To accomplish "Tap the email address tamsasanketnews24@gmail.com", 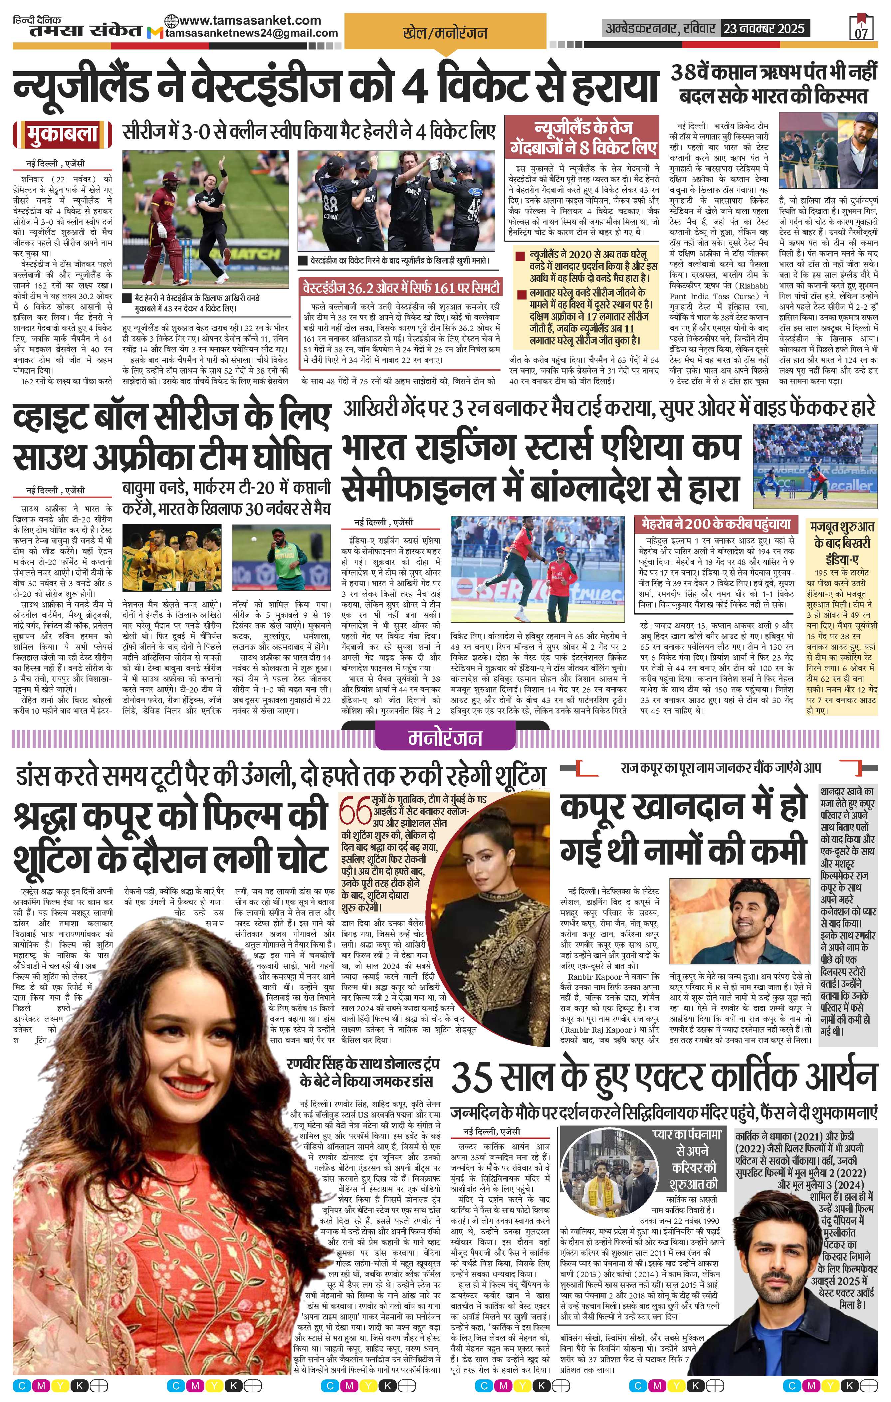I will coord(252,33).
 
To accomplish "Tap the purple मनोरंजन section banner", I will coord(445,738).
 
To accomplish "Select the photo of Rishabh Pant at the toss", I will coord(827,154).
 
